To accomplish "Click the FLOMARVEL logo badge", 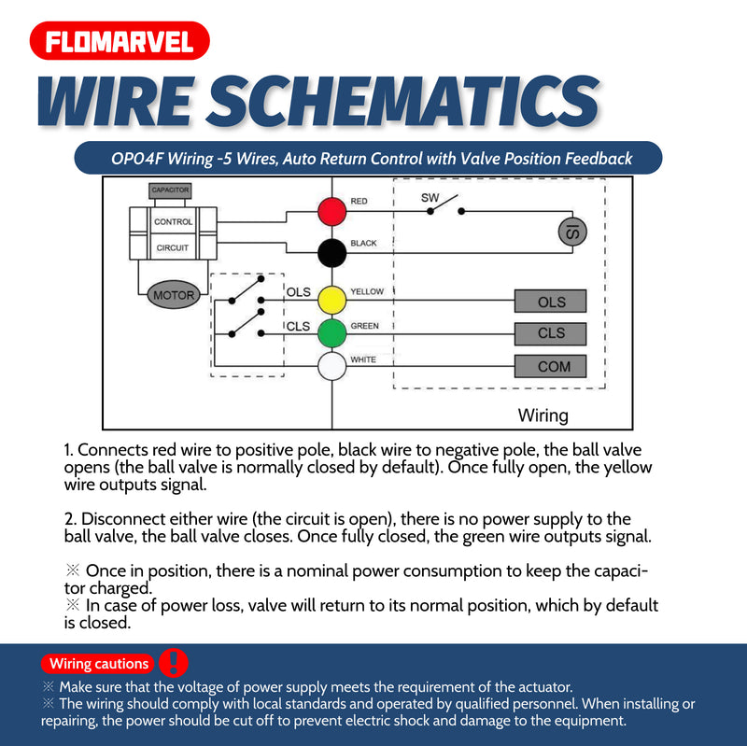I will coord(119,41).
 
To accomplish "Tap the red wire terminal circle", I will coord(331,211).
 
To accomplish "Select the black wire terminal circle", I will coord(331,253).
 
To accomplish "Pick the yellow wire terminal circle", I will coord(331,300).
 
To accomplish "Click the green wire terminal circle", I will coord(331,332).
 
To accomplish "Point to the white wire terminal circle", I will coord(331,366).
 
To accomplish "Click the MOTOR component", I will coord(173,295).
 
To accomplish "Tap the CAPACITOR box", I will coord(170,190).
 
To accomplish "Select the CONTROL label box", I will coord(173,222).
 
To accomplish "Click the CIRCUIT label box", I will coord(173,247).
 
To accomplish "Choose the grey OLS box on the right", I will coord(551,303).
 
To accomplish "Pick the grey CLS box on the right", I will coord(551,333).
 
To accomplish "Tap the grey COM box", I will coord(551,366).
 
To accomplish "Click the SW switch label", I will coord(430,198).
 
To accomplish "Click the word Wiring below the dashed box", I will coord(543,415).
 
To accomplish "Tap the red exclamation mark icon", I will coord(174,662).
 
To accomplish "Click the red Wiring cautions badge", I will coord(98,664).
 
